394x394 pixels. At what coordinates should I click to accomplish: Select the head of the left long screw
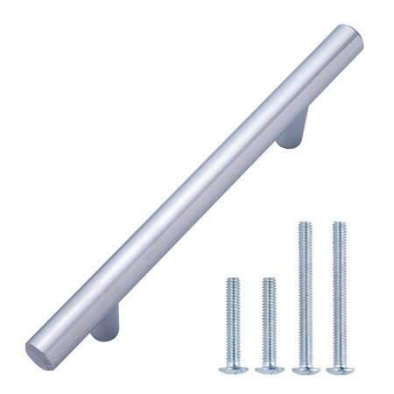pos(305,368)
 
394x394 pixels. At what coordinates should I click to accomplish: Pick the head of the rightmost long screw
pos(340,368)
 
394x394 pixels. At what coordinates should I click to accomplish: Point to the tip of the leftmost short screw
pos(233,280)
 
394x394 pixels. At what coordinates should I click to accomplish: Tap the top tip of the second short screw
pos(269,280)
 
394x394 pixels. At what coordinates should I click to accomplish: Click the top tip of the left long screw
pos(305,224)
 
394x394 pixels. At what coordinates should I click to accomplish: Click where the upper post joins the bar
pos(282,123)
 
